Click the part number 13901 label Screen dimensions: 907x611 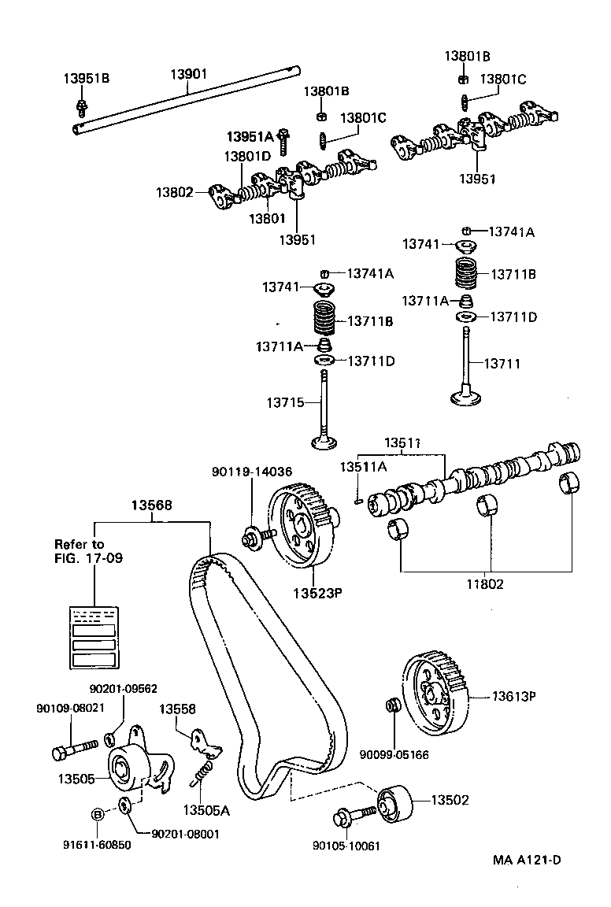tap(188, 75)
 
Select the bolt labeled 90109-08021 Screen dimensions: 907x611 tap(70, 749)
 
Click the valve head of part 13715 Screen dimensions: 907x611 tap(324, 442)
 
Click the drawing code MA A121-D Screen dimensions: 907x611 tap(528, 859)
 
